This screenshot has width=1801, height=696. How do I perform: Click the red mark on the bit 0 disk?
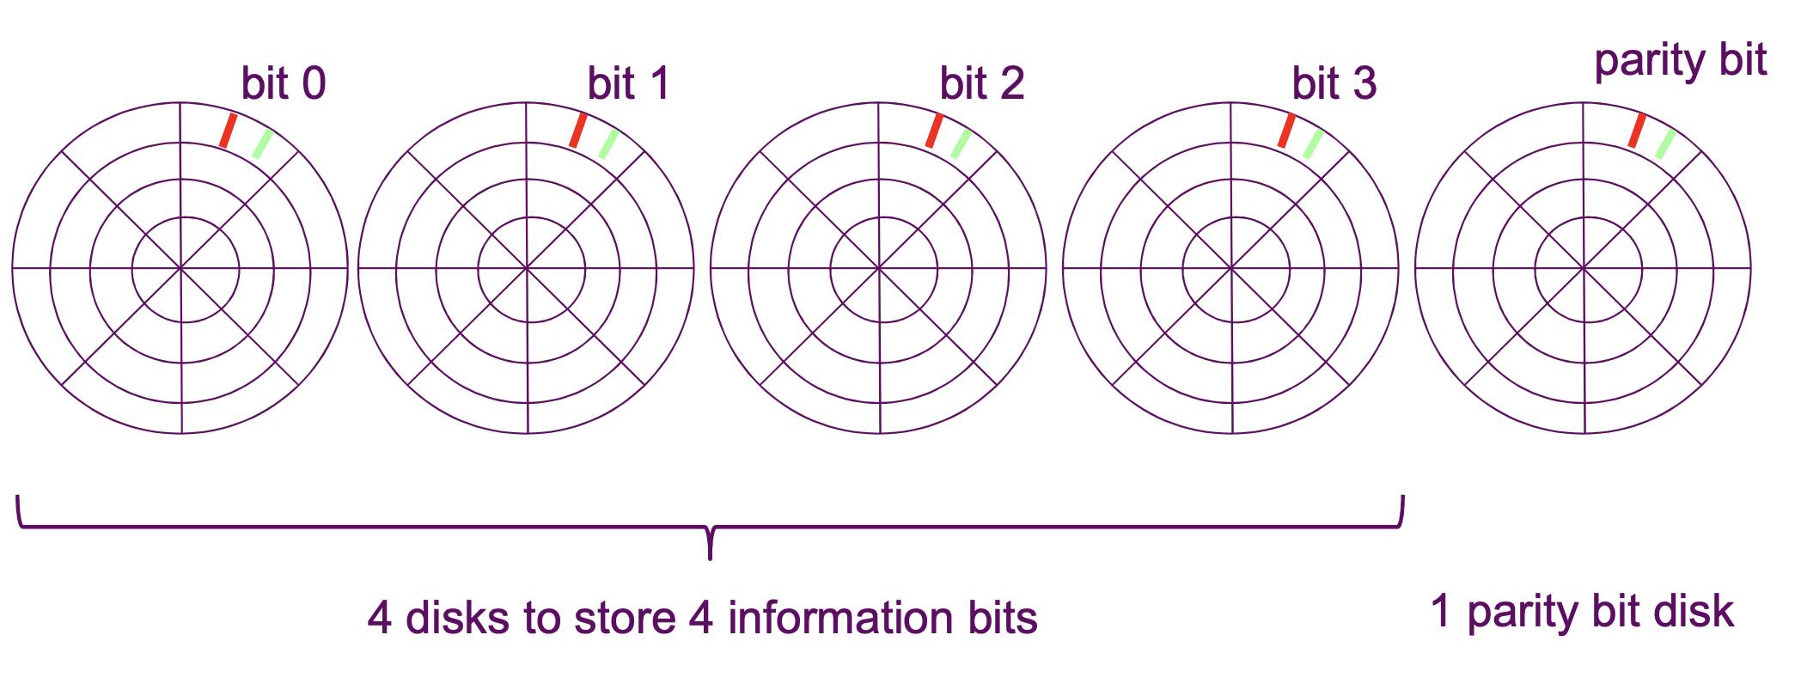click(228, 131)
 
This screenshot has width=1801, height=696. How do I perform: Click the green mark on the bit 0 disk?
click(262, 143)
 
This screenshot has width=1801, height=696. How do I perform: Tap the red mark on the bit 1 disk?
click(578, 131)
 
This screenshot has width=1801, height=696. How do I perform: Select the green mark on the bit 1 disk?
click(608, 143)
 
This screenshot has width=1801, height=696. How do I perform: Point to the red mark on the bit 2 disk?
click(934, 131)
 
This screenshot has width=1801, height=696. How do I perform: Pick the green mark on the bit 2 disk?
click(961, 143)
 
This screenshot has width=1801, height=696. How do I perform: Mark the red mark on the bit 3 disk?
click(1286, 131)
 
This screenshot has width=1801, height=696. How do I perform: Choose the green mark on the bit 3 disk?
click(1313, 143)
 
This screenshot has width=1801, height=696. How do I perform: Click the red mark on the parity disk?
click(1637, 131)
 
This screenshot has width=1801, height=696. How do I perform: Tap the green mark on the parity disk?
click(1665, 143)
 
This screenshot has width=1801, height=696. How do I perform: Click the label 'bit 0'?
click(284, 84)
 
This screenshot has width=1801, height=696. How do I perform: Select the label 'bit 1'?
click(628, 84)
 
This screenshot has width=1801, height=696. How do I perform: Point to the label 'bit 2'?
click(981, 84)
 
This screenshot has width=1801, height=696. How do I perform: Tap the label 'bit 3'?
click(1334, 84)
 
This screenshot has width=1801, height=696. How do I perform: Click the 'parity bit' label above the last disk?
click(1680, 62)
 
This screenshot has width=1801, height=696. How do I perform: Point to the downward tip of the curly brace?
click(710, 557)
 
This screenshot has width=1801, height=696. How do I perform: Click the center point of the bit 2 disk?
click(879, 269)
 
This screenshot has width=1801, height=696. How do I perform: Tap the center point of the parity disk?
click(1584, 269)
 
